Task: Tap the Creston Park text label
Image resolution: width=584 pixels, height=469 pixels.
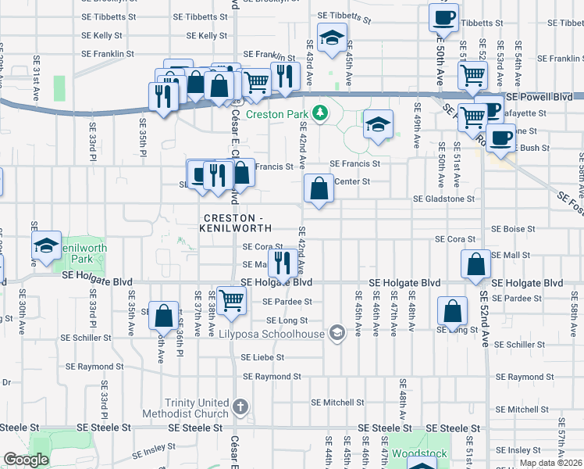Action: (x=278, y=114)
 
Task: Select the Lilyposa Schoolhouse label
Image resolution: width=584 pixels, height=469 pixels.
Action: (x=282, y=334)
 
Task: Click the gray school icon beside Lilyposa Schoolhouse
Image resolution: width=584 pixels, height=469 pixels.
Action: (x=337, y=334)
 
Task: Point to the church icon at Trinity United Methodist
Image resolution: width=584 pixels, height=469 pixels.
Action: (x=240, y=406)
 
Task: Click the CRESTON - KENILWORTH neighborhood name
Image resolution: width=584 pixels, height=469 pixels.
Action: (x=237, y=222)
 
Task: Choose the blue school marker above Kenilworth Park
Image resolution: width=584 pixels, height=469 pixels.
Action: (x=47, y=245)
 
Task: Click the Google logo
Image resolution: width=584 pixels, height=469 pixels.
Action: (x=26, y=460)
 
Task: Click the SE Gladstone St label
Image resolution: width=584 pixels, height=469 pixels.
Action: (x=443, y=199)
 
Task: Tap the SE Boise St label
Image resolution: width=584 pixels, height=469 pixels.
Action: (x=513, y=229)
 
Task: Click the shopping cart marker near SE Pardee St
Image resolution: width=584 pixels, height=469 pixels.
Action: (x=232, y=299)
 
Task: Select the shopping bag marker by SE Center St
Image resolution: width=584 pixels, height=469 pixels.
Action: (x=319, y=188)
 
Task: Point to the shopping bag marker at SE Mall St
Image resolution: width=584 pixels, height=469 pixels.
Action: (x=475, y=264)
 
